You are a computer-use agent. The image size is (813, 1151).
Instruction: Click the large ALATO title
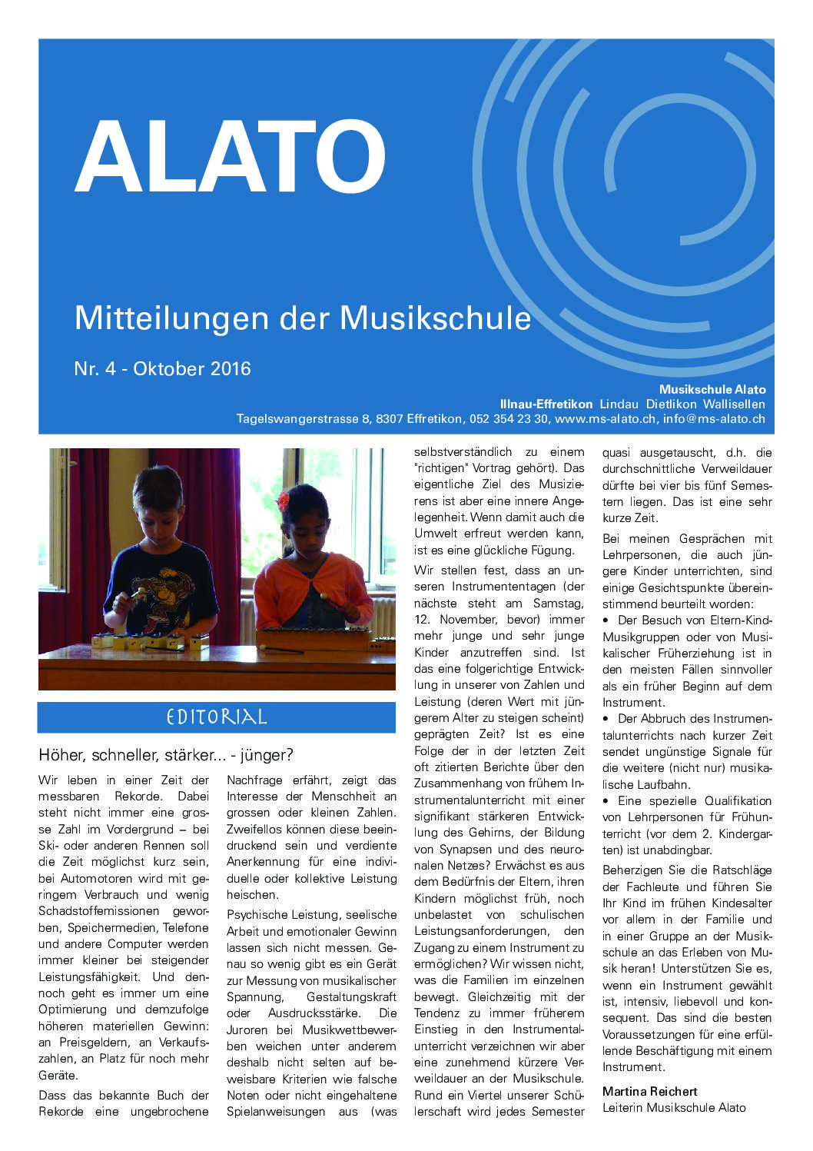pos(230,157)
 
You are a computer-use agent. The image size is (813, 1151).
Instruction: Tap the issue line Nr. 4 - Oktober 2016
pos(162,368)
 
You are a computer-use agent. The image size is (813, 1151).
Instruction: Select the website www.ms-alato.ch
pos(605,419)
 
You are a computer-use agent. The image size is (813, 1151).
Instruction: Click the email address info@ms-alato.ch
pos(714,419)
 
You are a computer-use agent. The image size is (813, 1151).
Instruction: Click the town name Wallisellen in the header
pos(734,404)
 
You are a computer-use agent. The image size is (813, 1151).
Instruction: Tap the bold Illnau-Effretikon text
pos(546,404)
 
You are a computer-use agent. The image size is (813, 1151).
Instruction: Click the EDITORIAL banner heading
pos(216,717)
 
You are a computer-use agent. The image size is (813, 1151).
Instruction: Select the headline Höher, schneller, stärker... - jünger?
pos(166,755)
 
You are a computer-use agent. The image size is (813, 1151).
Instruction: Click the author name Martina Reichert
pos(649,1091)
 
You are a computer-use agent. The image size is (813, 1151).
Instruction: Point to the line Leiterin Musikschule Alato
pos(673,1107)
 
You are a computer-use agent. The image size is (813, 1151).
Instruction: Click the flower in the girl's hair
pos(283,501)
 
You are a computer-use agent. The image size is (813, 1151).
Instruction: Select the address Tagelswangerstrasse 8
pos(302,419)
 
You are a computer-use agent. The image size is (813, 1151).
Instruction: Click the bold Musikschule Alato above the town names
pos(712,389)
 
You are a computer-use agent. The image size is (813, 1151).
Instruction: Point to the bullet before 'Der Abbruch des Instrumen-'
pos(607,719)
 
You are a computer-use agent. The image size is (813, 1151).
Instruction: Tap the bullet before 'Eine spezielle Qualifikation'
pos(607,801)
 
